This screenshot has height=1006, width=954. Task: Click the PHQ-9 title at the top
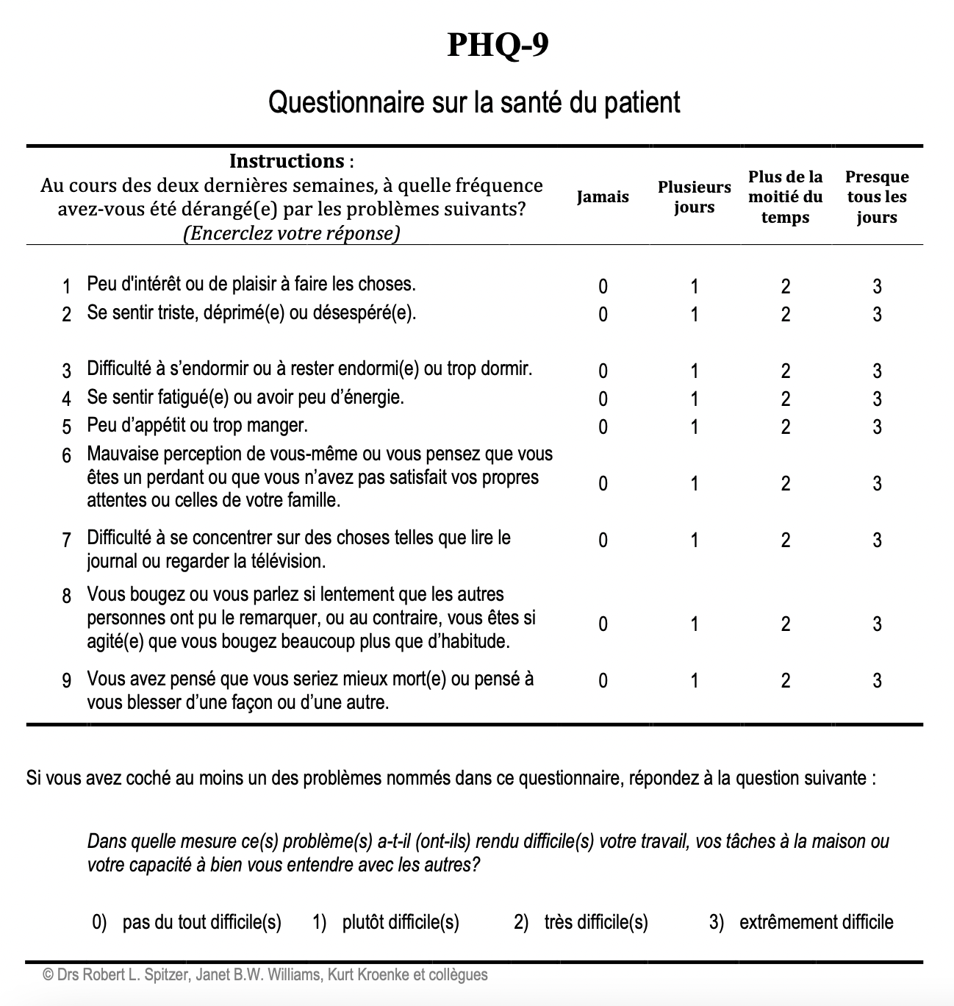coord(498,46)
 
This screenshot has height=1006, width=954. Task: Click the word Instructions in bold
coord(286,161)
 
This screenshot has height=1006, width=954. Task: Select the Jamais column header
coord(603,197)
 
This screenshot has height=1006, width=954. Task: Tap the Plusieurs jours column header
coord(694,197)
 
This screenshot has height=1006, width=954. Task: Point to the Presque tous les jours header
coord(877,197)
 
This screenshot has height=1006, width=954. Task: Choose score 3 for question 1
coord(877,287)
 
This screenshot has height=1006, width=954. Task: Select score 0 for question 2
coord(603,315)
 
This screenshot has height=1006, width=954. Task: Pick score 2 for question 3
coord(786,371)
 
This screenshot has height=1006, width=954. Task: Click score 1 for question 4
coord(694,399)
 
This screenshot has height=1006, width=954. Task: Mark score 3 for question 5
coord(877,427)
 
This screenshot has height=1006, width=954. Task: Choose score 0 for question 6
coord(603,484)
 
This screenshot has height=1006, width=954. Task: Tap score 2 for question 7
coord(786,541)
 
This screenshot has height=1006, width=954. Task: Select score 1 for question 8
coord(694,624)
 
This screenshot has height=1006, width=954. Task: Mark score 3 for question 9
coord(877,681)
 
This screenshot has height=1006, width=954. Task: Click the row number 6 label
coord(67,456)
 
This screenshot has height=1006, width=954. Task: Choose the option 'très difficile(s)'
coord(595,922)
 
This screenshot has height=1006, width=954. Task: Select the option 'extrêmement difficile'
coord(816,922)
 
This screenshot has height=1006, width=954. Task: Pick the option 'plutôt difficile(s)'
coord(400,922)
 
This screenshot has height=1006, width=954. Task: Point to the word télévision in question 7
coord(287,562)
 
